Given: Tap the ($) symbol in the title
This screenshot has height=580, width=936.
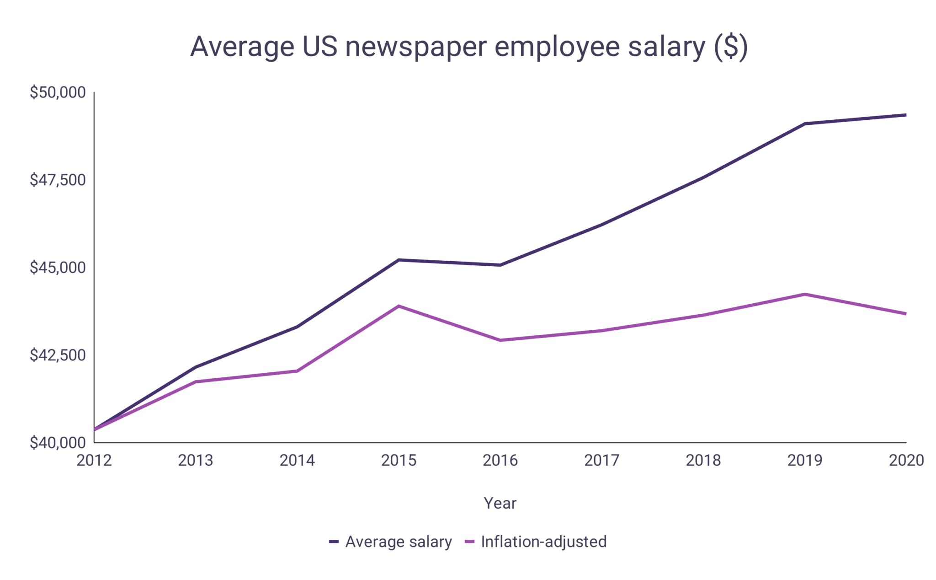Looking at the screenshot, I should click(x=731, y=47).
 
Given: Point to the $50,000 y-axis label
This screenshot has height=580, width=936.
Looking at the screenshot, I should click(x=58, y=92).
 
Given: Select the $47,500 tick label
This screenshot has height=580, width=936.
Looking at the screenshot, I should click(x=58, y=180).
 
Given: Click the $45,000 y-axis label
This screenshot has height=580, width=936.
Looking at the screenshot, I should click(x=58, y=268).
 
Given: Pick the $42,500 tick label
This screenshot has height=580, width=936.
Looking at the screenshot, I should click(x=58, y=355).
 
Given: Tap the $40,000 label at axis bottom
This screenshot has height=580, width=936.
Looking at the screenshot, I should click(x=58, y=442).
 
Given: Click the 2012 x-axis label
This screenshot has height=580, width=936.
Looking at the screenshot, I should click(x=94, y=460).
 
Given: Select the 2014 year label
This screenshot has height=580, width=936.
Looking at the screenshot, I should click(x=297, y=460).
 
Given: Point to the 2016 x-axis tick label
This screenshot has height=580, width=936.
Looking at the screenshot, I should click(x=500, y=460).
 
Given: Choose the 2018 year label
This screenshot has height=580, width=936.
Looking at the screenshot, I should click(x=703, y=460).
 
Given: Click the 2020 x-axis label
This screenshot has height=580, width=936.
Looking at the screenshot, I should click(x=906, y=460).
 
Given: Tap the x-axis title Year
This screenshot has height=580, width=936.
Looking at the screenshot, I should click(x=500, y=503).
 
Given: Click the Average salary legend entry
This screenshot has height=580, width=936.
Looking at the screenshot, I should click(x=398, y=542).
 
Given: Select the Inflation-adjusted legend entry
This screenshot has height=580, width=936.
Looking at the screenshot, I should click(x=543, y=542).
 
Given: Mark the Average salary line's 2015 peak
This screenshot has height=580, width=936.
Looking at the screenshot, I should click(x=399, y=260).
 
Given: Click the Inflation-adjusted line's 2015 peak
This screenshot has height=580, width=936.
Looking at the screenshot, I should click(x=399, y=306).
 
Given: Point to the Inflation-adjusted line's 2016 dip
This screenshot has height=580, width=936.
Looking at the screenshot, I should click(x=500, y=340).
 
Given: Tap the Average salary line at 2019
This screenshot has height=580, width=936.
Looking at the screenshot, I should click(x=804, y=124).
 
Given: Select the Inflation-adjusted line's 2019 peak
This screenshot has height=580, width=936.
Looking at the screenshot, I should click(x=804, y=294).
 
